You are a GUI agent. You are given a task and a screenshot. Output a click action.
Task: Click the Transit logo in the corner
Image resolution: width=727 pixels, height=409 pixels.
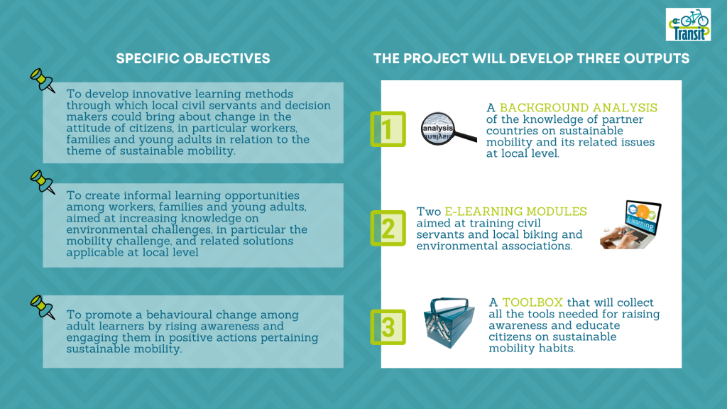coord(688,24)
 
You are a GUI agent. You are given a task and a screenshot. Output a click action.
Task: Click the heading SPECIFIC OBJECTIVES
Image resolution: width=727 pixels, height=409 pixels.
coord(193,58)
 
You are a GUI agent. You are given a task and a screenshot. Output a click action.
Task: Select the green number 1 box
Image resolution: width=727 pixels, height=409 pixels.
coord(388,129)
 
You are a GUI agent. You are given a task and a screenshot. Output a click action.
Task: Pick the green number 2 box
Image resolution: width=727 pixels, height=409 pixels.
coord(388,228)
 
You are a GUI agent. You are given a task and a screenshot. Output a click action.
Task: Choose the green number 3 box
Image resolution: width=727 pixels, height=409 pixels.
coord(388,327)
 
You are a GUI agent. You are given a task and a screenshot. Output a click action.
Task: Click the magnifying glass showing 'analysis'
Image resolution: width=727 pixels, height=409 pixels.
coord(448,129)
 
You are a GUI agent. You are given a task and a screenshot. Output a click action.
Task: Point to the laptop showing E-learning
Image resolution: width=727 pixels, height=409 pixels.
coord(630,224)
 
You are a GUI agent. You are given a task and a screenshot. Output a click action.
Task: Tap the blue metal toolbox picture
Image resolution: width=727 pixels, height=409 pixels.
coord(449,322)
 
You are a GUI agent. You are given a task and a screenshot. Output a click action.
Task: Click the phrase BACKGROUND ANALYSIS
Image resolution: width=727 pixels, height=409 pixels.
coord(579,108)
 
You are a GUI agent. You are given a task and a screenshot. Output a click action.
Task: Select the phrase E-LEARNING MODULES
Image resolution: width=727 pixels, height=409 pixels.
coord(515,212)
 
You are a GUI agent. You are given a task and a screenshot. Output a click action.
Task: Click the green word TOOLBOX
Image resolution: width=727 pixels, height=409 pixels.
coord(532,302)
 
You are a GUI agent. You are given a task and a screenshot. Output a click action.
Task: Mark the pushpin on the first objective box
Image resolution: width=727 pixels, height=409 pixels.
coord(42,81)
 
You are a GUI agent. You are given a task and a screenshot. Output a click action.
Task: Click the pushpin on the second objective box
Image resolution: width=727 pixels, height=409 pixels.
coord(42,182)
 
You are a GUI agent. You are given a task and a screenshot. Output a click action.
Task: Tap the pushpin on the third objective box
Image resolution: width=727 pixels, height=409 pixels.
coord(42,307)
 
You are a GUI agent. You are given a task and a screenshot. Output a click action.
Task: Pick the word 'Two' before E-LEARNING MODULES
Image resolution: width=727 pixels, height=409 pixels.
coord(428,212)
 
